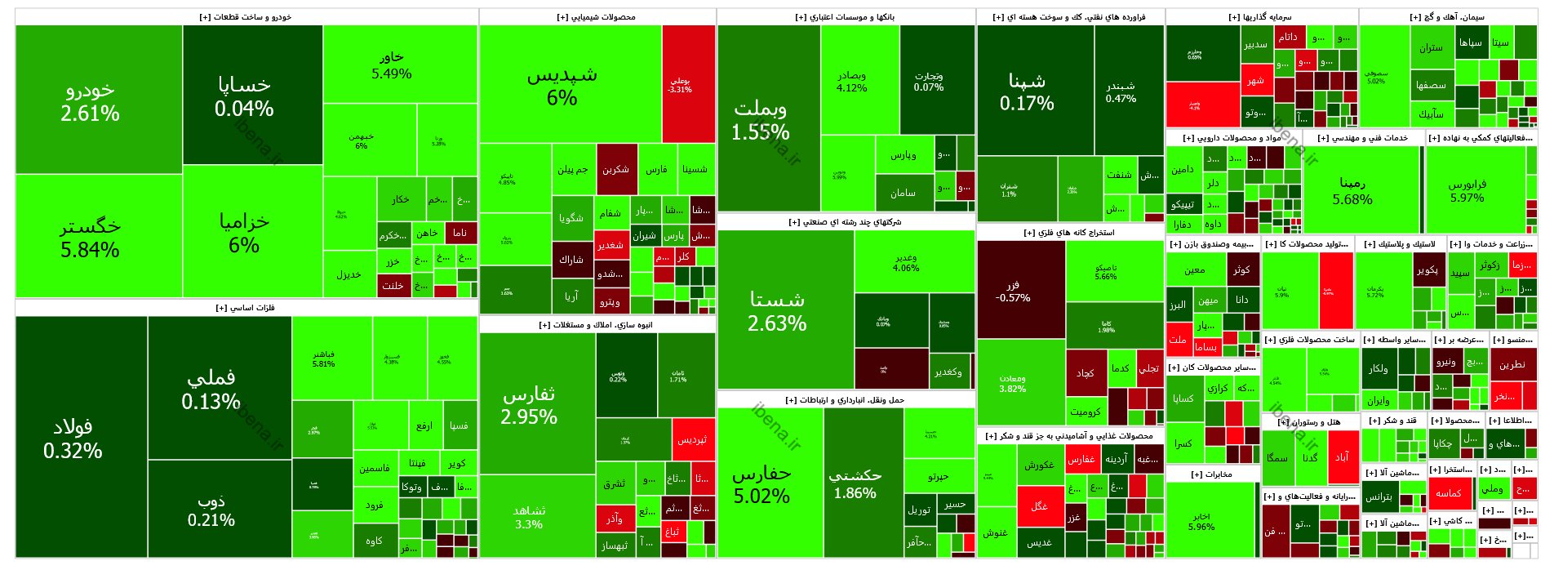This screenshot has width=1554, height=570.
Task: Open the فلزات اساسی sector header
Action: pos(246,308)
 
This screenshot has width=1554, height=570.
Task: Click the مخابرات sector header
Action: pos(1212,474)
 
